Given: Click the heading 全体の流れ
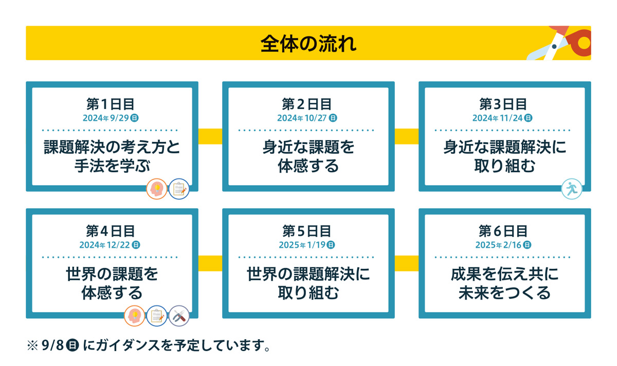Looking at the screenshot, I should [308, 43].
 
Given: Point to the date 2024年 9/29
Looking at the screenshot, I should [111, 118].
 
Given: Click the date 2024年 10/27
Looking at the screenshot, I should [307, 118].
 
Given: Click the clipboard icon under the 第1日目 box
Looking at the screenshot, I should [179, 190].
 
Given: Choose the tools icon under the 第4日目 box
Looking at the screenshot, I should [179, 316].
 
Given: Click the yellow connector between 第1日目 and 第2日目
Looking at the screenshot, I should [210, 136].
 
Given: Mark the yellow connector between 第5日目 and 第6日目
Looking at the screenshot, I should [406, 263].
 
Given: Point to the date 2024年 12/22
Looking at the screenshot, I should [110, 245].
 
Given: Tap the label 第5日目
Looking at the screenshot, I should [307, 231].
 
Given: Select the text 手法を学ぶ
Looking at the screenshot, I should [111, 166].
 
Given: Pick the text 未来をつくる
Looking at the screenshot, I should [504, 293].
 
